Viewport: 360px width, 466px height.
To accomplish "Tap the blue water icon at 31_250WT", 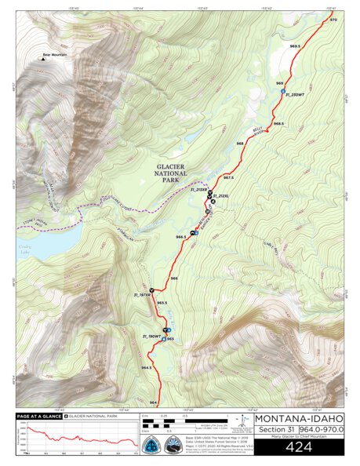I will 282,92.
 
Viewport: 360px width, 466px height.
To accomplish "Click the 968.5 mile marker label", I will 278,123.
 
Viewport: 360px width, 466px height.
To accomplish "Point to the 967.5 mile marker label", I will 229,179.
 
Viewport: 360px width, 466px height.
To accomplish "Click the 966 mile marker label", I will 174,279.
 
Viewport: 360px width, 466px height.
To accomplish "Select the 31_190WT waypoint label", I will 151,336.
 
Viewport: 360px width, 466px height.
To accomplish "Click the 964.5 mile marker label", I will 147,367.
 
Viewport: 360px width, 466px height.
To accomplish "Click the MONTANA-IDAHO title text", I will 299,417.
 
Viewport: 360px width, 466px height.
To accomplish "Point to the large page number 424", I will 299,448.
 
